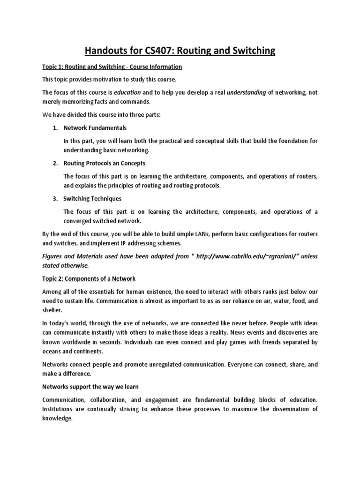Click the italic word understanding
(246, 93)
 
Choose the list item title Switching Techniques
(92, 199)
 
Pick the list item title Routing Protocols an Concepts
(105, 163)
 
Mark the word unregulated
(178, 364)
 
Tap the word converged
(78, 221)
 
